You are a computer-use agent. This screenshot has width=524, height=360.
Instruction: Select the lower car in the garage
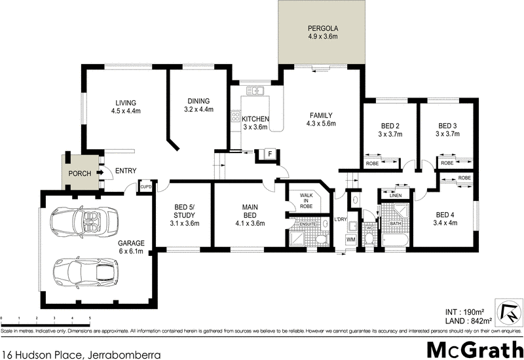point(85,271)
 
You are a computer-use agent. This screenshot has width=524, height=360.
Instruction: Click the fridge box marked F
point(269,153)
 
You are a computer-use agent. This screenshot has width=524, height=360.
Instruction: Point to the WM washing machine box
point(351,240)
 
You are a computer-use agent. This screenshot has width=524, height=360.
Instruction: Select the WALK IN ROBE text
point(306,200)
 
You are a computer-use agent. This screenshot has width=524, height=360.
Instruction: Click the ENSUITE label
point(308,224)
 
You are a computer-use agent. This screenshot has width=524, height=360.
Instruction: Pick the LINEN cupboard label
point(394,196)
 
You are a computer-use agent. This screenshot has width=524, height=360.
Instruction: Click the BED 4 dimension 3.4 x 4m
point(445,223)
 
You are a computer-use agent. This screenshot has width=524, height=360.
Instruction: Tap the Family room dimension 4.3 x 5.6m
point(322,123)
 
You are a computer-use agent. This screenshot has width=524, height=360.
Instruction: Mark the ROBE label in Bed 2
point(372,163)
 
